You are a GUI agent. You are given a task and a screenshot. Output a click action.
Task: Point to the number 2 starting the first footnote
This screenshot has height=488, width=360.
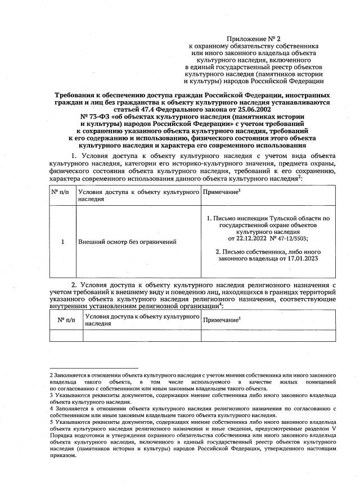(51, 374)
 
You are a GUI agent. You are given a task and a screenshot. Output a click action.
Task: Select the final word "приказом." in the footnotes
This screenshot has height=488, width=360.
(62, 455)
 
